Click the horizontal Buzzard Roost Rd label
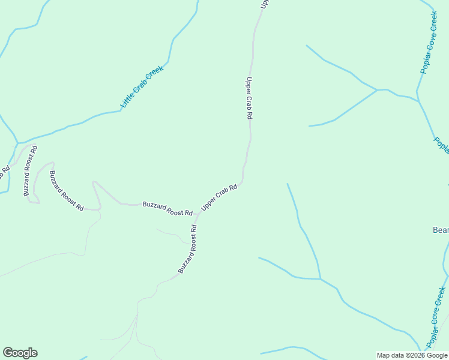coord(167,209)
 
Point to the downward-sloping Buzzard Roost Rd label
coord(66,191)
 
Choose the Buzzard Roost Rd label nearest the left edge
coord(31,171)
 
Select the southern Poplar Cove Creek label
coord(438,319)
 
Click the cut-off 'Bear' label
coord(441,230)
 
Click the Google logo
coord(20,353)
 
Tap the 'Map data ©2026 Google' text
coord(412,355)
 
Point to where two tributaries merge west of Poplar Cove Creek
coord(377,90)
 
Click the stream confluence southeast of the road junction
coord(320,279)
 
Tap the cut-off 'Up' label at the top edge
coord(263,4)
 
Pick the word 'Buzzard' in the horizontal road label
coord(154,206)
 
